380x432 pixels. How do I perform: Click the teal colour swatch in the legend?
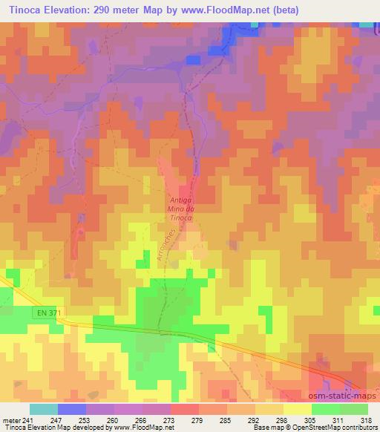point(44,409)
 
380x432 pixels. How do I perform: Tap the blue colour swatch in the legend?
point(72,409)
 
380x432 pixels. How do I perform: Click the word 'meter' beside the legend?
point(10,419)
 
